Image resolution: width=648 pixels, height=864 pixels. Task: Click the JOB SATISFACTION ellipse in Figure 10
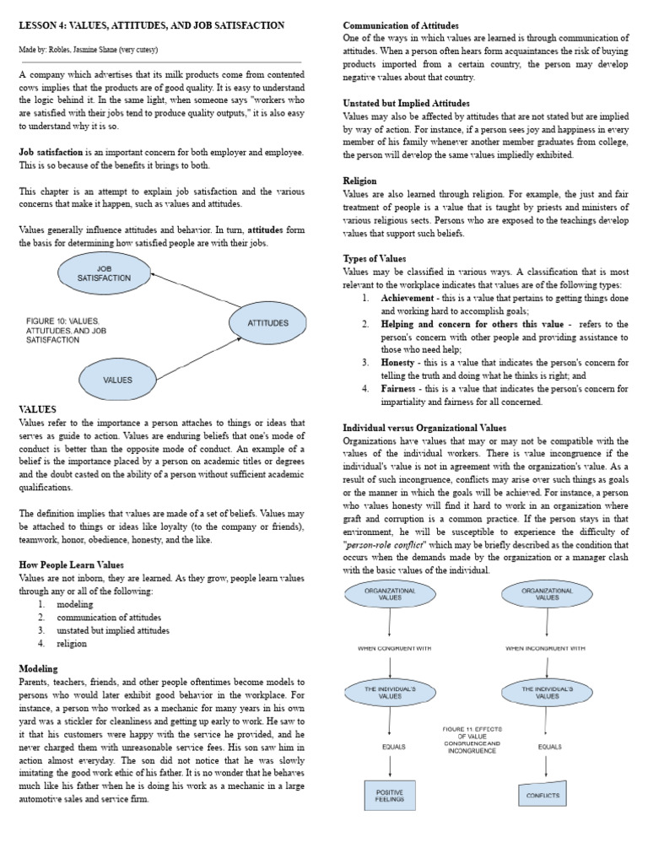(x=104, y=273)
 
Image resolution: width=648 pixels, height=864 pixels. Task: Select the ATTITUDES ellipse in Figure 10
(x=267, y=323)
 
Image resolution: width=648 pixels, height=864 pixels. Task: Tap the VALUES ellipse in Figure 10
(x=117, y=380)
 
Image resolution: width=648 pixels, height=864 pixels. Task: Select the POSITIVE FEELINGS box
(x=389, y=795)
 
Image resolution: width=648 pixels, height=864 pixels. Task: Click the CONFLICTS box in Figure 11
(x=543, y=795)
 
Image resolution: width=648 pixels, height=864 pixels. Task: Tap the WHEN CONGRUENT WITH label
(x=389, y=649)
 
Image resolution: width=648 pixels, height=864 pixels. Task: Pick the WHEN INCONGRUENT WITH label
(x=545, y=649)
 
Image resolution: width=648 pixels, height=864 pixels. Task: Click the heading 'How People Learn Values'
(x=71, y=564)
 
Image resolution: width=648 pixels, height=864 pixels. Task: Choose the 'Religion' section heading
(x=359, y=181)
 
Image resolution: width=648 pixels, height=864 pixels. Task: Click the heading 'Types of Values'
(x=374, y=258)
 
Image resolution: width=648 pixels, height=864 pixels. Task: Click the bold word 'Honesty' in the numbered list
(x=397, y=362)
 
